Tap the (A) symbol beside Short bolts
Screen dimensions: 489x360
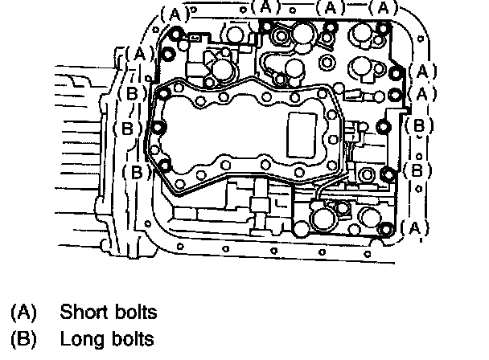(x=23, y=312)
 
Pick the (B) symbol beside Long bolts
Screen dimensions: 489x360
(x=23, y=339)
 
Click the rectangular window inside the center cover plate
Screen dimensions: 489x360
(x=302, y=135)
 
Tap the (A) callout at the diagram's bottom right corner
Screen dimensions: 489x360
(x=414, y=228)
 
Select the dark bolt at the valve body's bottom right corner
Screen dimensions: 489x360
(x=386, y=230)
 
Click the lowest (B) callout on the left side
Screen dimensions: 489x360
(x=137, y=172)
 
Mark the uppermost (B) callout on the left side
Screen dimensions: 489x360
(x=132, y=93)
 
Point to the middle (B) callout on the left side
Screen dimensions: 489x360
(x=127, y=128)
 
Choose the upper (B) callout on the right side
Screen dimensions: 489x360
(x=419, y=125)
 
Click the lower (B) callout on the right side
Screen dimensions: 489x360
(x=417, y=170)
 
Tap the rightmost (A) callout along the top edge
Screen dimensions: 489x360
(x=384, y=7)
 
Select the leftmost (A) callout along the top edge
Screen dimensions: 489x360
(x=175, y=14)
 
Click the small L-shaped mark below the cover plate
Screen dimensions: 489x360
(x=281, y=203)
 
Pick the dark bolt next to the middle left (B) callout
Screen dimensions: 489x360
(x=158, y=128)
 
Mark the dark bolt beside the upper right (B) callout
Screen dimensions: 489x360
(x=384, y=127)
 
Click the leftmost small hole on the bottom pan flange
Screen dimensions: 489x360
(x=180, y=247)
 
